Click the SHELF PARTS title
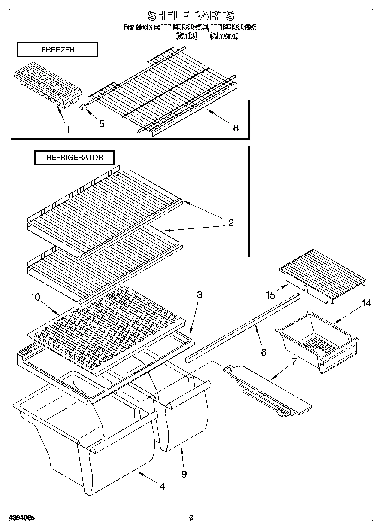tap(190, 16)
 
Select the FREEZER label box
tap(57, 50)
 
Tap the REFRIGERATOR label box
tap(75, 158)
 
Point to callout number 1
tap(68, 129)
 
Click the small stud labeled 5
tap(81, 109)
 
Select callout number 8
tap(236, 128)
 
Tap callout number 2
tap(231, 223)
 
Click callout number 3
tap(200, 295)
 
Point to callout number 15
tap(270, 295)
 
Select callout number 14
tap(366, 303)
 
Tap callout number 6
tap(263, 352)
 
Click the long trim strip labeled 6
tap(242, 326)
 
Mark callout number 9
tap(184, 474)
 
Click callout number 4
tap(162, 486)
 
